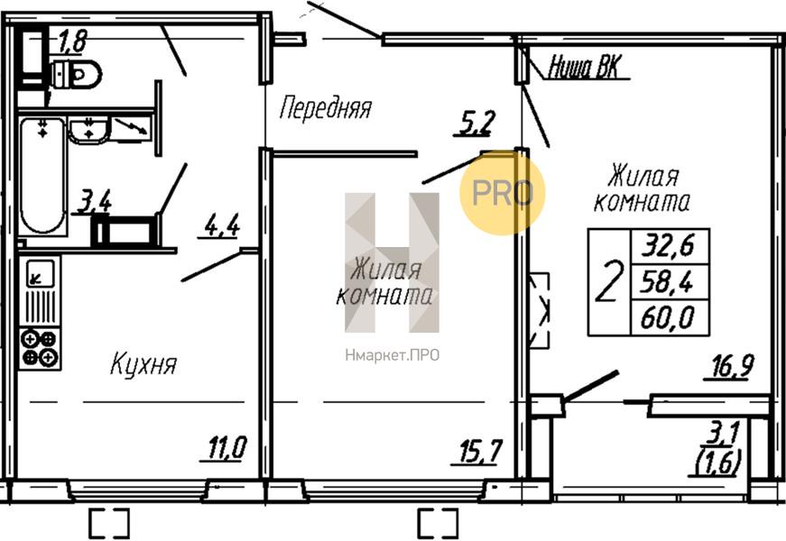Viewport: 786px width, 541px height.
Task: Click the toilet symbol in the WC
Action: (x=76, y=74)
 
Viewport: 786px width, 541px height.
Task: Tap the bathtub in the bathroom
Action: (x=42, y=176)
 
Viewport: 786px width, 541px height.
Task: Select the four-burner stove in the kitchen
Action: (x=40, y=349)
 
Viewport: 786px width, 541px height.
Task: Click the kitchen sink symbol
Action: (x=40, y=274)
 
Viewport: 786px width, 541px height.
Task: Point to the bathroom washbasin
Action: (x=88, y=130)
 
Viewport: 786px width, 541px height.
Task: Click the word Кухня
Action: (x=143, y=364)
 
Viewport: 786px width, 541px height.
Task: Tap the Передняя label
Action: (x=326, y=107)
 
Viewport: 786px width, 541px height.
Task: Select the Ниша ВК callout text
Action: (x=585, y=67)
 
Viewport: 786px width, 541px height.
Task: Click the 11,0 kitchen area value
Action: (x=227, y=447)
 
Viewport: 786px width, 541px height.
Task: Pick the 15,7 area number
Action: (x=479, y=452)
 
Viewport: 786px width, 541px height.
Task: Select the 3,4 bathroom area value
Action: (x=94, y=202)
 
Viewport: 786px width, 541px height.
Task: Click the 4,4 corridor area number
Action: (x=222, y=225)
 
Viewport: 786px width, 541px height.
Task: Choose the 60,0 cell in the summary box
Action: (x=670, y=317)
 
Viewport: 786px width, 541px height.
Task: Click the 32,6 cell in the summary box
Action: (x=670, y=245)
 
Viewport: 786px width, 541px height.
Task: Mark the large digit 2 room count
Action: (x=609, y=282)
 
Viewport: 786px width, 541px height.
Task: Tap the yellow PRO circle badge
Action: (x=503, y=193)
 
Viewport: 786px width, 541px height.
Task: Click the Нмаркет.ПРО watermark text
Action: (x=392, y=355)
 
